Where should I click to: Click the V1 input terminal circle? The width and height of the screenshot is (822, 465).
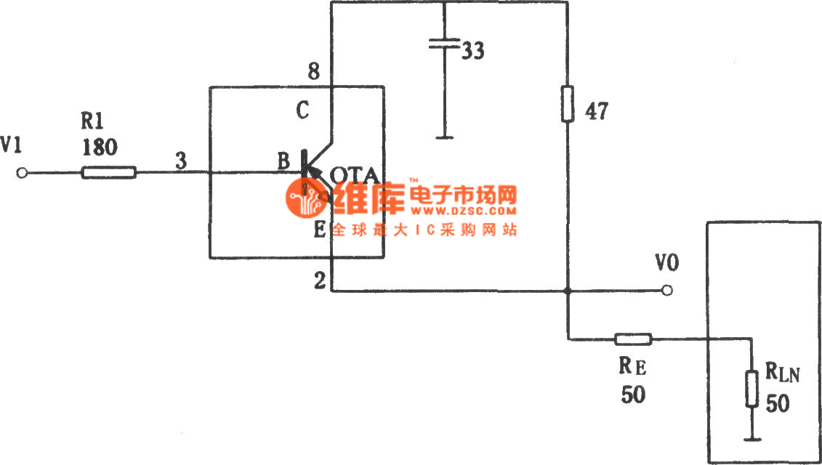click(23, 173)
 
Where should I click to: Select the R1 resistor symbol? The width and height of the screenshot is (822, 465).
click(108, 173)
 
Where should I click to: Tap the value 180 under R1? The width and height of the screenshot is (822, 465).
click(100, 147)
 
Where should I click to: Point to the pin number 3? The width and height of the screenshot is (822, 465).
click(180, 162)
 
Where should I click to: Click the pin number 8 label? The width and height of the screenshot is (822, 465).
click(313, 72)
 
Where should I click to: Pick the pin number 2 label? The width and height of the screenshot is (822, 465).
click(320, 282)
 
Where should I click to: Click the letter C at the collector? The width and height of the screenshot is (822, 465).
click(303, 111)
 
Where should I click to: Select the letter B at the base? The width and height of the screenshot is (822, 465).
click(283, 162)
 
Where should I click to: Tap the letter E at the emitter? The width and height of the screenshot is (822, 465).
click(319, 232)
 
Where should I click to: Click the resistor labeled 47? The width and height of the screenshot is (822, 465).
click(567, 104)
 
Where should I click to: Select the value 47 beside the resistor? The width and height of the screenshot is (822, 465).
click(595, 112)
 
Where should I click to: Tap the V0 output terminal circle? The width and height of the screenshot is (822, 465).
click(667, 291)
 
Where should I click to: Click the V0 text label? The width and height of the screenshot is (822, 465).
click(666, 263)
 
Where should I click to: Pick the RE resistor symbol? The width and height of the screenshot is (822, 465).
click(633, 339)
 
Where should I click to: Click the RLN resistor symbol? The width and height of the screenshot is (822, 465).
click(750, 389)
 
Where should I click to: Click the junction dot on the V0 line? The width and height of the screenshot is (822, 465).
click(567, 291)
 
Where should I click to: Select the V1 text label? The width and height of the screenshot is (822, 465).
click(12, 146)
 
